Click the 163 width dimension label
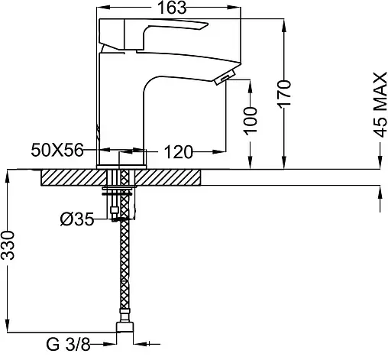tap(172, 8)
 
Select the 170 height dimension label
tap(284, 94)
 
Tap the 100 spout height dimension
tap(250, 121)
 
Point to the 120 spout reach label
tap(178, 152)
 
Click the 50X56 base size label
tap(57, 150)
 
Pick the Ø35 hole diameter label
tap(77, 219)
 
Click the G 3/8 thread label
tap(69, 345)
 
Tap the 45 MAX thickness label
tap(380, 105)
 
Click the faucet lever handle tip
tap(207, 24)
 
